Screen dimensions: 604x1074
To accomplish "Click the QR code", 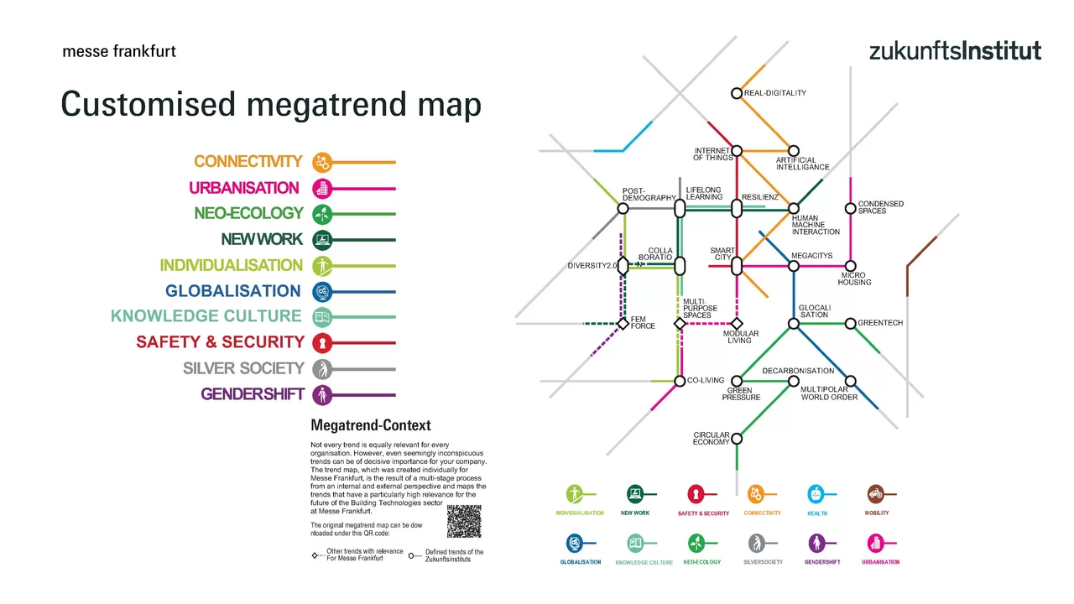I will coord(464,522).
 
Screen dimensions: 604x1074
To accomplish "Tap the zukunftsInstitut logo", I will coord(955,50).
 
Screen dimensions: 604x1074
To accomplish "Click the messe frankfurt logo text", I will coord(119,51).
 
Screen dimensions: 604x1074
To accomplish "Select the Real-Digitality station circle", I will coord(737,93).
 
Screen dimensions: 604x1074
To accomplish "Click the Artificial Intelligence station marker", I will coord(794,151).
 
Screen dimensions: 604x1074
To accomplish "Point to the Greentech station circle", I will coord(851,323).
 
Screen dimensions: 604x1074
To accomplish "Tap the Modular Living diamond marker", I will coord(737,323).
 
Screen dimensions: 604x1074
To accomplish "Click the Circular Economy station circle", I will coord(737,438).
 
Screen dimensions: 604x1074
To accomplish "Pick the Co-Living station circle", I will coord(680,381).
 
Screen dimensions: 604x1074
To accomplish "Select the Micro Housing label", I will coord(853,279).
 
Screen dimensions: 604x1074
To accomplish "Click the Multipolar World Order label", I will coord(828,393).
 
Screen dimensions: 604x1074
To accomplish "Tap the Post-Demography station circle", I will coord(623,208).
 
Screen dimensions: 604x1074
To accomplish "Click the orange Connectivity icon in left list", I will coord(321,162).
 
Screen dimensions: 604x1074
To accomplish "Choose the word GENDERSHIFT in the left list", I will coord(252,394).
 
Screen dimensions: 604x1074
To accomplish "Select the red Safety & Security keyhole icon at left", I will coord(321,342).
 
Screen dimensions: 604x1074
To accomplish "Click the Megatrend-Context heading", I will coord(370,425).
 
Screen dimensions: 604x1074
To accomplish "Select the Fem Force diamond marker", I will coord(623,323).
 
